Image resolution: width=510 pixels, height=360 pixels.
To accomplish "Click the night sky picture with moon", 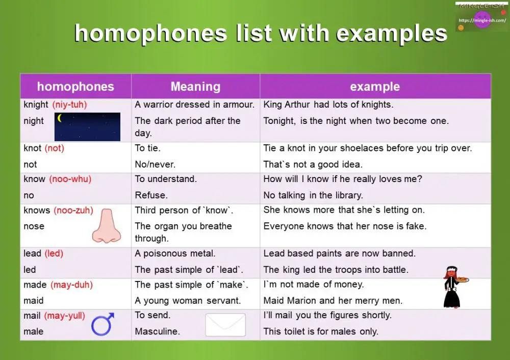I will [87, 126].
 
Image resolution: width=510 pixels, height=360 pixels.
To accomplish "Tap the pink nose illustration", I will [106, 225].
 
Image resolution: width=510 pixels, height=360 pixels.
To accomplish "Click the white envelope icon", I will [225, 325].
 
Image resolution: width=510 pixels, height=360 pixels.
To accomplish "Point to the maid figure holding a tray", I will [453, 287].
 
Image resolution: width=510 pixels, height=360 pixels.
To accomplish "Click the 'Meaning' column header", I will [195, 86].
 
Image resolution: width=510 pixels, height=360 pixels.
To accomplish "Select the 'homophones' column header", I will [75, 86].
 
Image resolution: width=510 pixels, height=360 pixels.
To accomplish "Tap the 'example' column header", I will [375, 86].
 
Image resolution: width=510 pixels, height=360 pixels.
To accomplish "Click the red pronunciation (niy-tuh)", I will [69, 105].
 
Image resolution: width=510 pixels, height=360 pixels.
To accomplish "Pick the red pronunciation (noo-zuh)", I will [73, 210].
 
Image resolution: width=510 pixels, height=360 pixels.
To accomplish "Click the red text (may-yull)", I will [64, 316].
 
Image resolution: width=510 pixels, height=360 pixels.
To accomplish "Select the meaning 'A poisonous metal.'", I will [175, 253].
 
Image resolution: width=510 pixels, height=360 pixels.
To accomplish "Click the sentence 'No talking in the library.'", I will [313, 195].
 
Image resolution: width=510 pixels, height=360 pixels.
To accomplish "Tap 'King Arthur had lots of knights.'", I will [328, 105].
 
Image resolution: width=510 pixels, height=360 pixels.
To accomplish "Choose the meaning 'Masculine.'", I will [157, 331].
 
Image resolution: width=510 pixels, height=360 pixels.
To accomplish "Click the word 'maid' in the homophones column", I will [34, 300].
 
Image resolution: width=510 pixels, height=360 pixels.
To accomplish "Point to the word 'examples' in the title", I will [392, 33].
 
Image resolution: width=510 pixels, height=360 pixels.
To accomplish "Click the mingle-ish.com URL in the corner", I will [481, 20].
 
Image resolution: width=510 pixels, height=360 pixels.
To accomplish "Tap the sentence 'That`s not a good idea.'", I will [313, 164].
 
